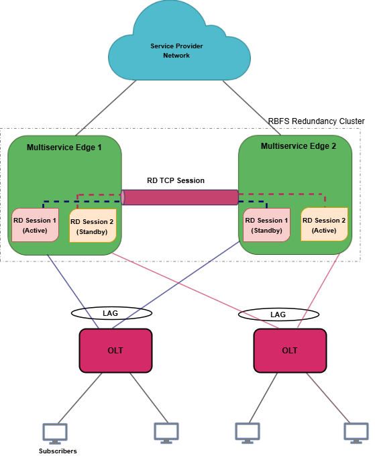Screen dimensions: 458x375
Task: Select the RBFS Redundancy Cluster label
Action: point(316,121)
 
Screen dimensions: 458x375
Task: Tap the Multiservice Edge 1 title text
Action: point(64,147)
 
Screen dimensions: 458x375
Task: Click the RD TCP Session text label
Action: point(176,181)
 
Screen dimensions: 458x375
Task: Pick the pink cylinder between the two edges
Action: point(180,197)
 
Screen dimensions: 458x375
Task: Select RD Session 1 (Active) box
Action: point(35,225)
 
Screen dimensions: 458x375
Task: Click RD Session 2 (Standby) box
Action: point(92,226)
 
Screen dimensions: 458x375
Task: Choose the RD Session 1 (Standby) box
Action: point(266,225)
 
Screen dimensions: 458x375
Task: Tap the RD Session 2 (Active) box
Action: point(324,225)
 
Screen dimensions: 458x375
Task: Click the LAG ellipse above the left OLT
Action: point(111,313)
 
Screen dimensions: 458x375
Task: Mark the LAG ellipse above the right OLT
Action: point(271,314)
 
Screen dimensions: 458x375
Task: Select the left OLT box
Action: point(115,350)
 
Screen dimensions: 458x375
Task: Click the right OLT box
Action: point(290,350)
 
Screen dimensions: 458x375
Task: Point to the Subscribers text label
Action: point(58,451)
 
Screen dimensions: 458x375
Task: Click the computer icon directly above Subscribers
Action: point(54,433)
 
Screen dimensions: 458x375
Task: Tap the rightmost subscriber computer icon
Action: point(356,432)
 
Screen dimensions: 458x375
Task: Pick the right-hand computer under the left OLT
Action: point(166,432)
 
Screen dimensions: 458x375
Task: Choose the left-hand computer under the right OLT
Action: point(247,432)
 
